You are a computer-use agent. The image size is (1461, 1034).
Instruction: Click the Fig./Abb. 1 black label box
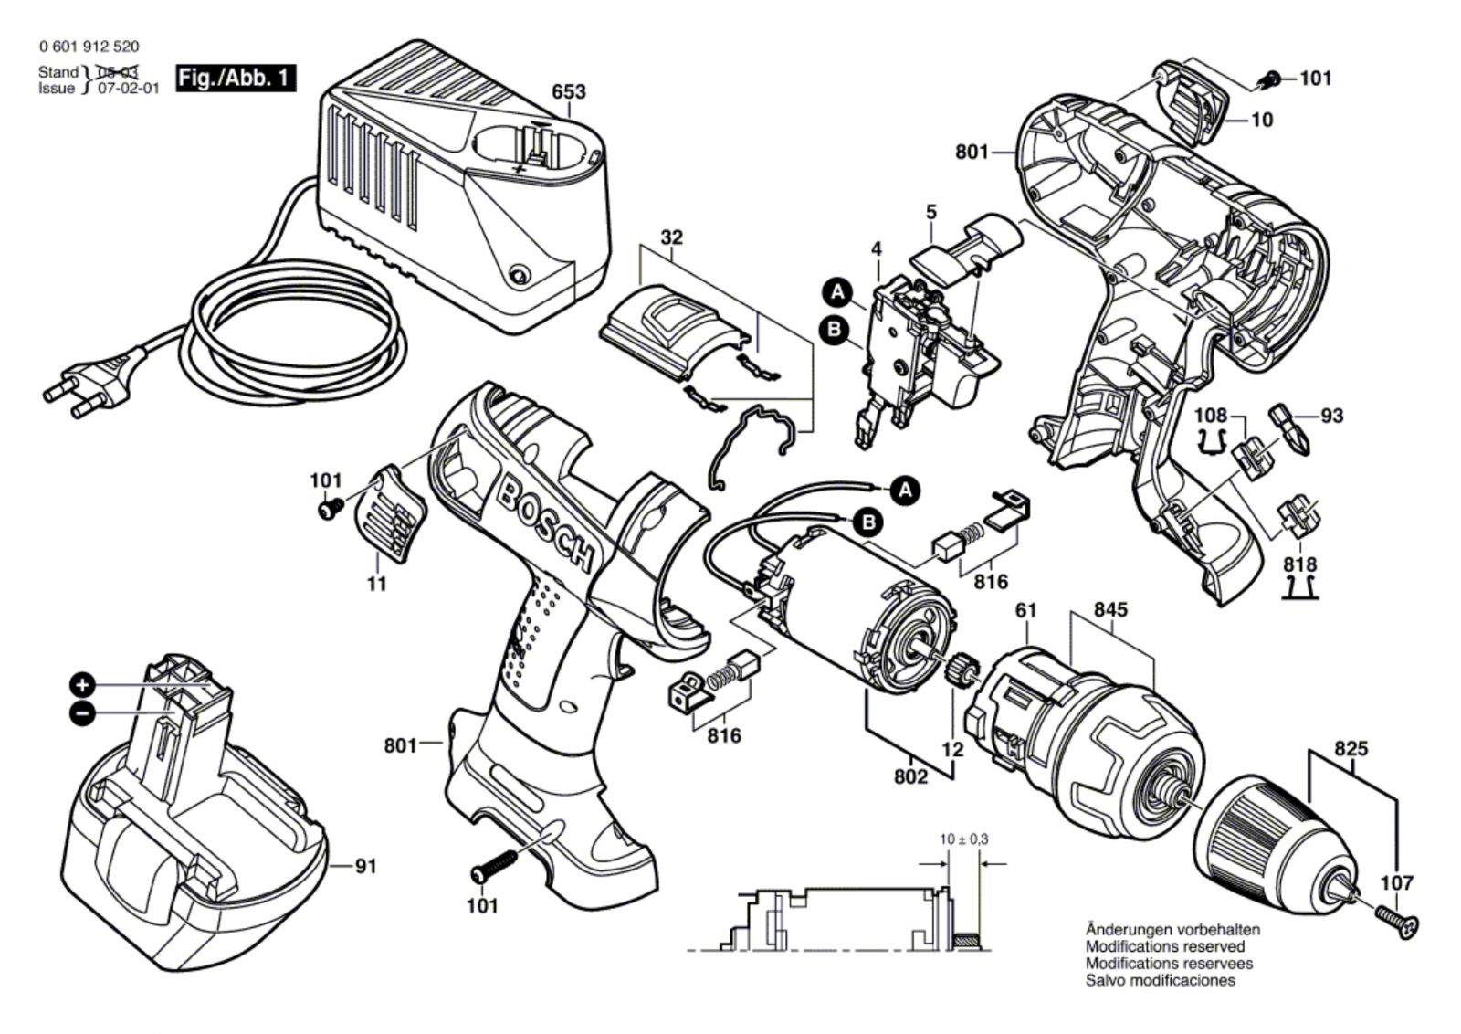[x=236, y=78]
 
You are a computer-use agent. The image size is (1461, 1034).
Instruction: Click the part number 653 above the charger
[x=568, y=92]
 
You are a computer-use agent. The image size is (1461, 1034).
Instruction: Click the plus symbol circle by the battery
[x=82, y=685]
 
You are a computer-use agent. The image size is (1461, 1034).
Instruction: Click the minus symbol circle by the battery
[x=82, y=713]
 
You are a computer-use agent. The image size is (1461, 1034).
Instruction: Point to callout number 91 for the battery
[x=365, y=866]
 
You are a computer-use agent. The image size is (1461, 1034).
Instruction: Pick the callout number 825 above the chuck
[x=1351, y=749]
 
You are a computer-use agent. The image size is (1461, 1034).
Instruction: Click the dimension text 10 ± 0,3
[x=964, y=839]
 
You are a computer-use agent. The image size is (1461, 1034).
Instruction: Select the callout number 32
[x=671, y=237]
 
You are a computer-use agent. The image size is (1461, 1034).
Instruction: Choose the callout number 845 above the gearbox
[x=1109, y=609]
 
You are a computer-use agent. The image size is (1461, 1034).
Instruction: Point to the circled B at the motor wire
[x=868, y=522]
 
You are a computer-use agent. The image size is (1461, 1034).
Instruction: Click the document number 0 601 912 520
[x=89, y=47]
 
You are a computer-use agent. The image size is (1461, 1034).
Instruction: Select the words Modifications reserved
[x=1164, y=947]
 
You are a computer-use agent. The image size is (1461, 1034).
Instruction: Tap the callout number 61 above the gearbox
[x=1025, y=609]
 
